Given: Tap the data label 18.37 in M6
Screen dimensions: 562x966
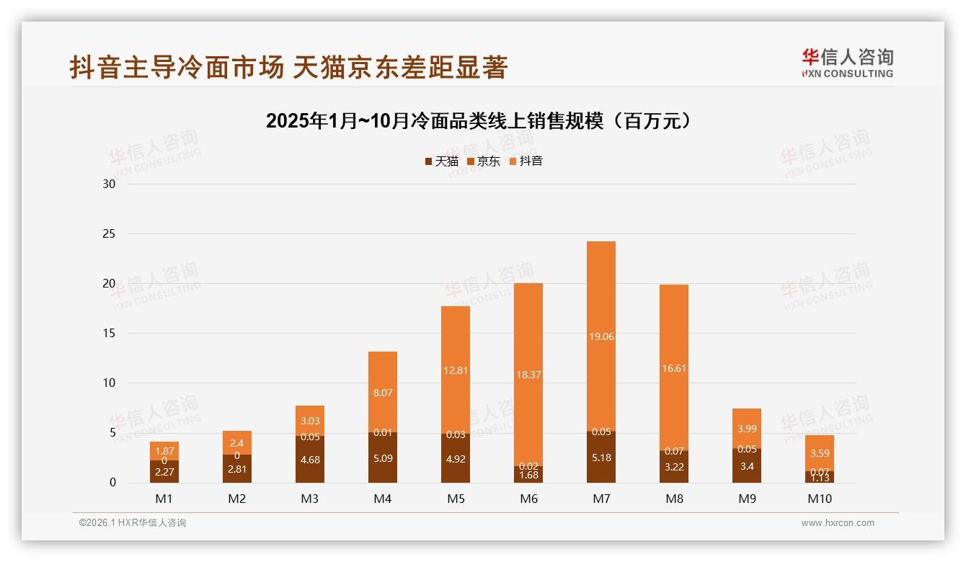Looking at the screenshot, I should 528,375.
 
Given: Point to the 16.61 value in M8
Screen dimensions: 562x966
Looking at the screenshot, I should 673,367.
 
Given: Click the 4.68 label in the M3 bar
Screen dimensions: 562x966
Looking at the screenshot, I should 310,460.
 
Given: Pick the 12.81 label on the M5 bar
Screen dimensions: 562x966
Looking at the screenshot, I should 456,370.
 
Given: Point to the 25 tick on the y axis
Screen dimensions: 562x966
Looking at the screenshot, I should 110,234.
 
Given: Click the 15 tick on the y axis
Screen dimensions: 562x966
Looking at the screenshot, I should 110,334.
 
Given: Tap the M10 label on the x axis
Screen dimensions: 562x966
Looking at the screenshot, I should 820,499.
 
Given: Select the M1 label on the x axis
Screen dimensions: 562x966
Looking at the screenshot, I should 164,499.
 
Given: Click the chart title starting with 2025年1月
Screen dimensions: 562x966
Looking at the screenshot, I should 482,120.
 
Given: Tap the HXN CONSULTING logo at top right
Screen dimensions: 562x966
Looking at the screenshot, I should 847,63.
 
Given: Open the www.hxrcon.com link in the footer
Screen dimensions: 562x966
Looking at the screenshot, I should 838,523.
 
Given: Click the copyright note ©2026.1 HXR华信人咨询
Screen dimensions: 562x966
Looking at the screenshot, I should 133,523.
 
